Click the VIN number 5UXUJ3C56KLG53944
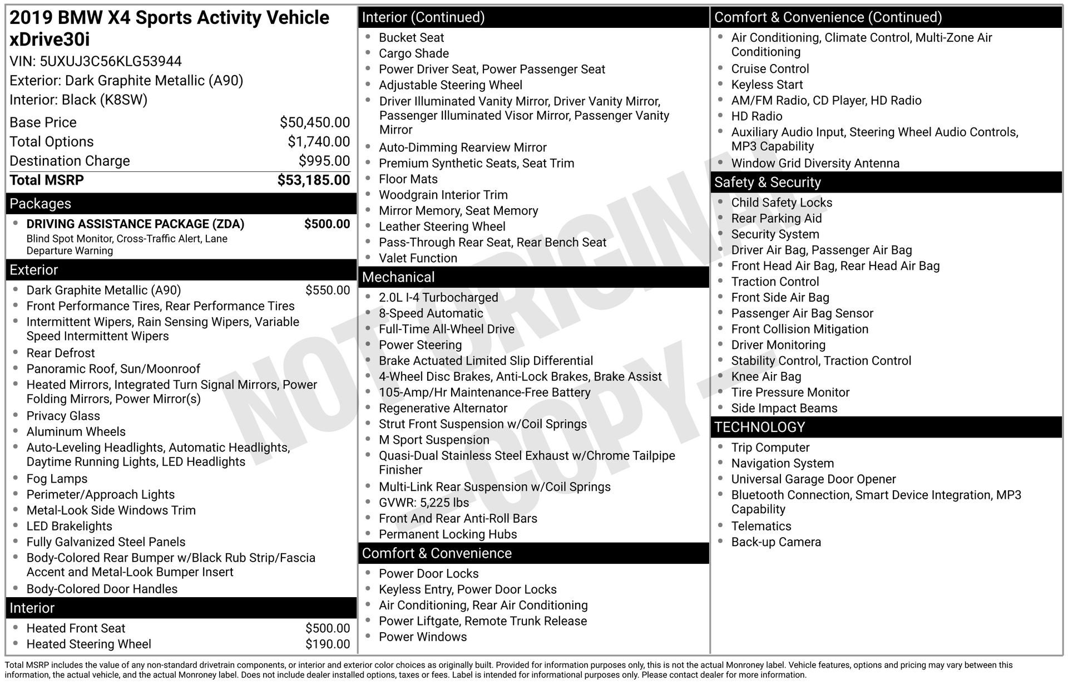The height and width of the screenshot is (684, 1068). [111, 61]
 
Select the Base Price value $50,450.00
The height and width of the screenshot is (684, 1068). [314, 122]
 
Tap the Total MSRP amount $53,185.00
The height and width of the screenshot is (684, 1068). [313, 180]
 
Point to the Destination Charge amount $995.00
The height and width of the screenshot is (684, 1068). [324, 161]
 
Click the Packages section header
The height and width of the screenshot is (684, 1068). [41, 204]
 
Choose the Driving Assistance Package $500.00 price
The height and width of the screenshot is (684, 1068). [327, 224]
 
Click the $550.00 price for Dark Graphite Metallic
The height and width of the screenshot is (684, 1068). [327, 291]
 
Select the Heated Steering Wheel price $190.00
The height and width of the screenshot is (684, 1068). [327, 644]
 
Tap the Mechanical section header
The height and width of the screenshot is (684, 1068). [398, 277]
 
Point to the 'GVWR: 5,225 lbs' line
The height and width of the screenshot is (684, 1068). [423, 503]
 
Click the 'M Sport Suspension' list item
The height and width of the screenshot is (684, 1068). [434, 440]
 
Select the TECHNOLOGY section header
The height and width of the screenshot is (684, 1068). [759, 427]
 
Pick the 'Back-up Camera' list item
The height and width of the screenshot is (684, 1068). [775, 542]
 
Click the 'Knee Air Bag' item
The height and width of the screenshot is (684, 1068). [766, 377]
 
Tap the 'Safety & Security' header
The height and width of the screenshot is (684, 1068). [767, 183]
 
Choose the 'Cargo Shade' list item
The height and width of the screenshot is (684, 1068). [413, 53]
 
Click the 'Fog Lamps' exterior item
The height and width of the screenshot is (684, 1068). [57, 479]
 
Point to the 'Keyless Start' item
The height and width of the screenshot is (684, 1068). [767, 85]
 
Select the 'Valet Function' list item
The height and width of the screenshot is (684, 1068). [418, 258]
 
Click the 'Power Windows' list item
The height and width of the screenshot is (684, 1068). [422, 637]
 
